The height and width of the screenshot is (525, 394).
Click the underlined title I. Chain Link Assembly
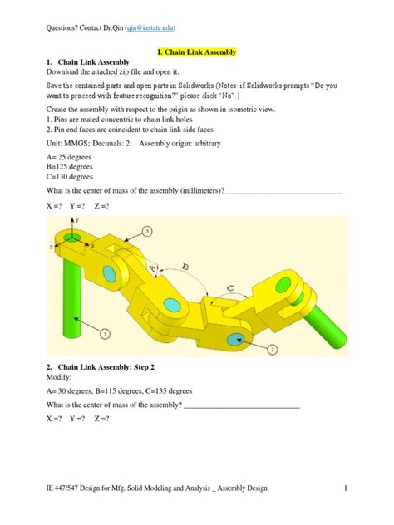[197, 52]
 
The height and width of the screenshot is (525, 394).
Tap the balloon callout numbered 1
[106, 334]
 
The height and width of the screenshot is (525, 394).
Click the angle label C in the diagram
[229, 287]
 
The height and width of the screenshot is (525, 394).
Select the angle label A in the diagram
[151, 268]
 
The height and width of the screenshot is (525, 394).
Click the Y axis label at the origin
[78, 220]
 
